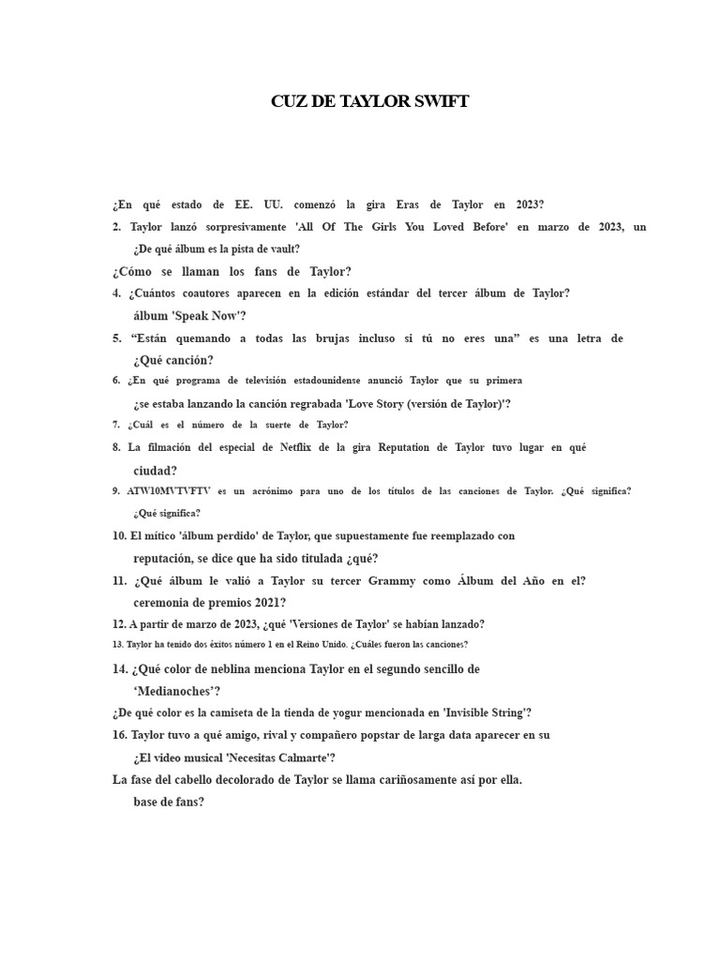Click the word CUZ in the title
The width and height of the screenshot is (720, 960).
click(290, 101)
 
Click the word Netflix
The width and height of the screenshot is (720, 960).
click(300, 447)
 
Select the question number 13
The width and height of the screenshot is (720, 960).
click(117, 645)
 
